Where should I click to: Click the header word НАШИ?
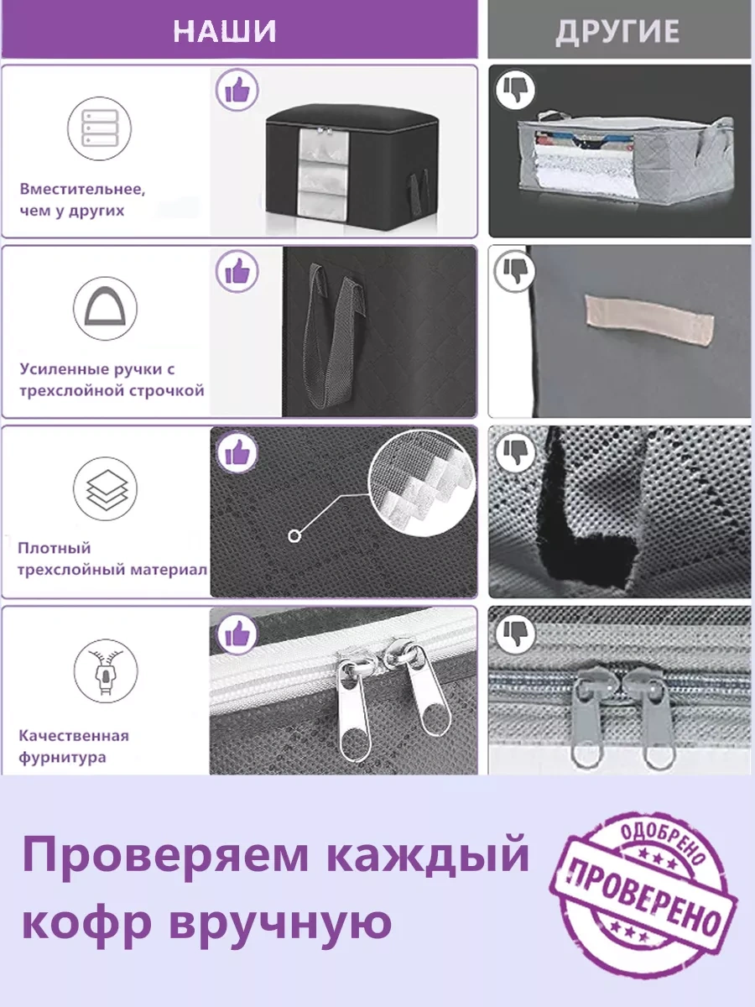(225, 31)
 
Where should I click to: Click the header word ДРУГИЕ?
(617, 32)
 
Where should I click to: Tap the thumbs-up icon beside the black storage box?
(237, 90)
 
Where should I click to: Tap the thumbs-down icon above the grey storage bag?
(515, 90)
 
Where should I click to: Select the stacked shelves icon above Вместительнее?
(100, 128)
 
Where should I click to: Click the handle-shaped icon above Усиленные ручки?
(105, 308)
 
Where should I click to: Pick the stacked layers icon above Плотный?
(106, 488)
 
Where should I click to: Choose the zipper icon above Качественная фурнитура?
(106, 670)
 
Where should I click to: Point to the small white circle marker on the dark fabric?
(294, 536)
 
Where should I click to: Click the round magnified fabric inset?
(422, 483)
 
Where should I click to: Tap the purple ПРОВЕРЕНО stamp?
(643, 892)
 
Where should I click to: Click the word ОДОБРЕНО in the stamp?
(663, 839)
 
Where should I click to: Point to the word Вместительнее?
(82, 189)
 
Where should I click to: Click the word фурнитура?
(62, 758)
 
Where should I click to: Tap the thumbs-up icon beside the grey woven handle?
(237, 271)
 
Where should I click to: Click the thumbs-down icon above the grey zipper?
(515, 634)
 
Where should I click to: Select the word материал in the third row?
(169, 569)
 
